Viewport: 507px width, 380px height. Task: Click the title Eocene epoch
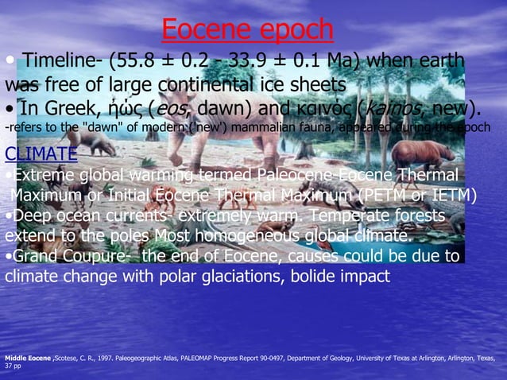247,29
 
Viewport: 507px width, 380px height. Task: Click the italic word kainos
425,107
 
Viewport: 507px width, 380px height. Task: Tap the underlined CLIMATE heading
41,153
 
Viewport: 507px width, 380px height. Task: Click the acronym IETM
451,195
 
